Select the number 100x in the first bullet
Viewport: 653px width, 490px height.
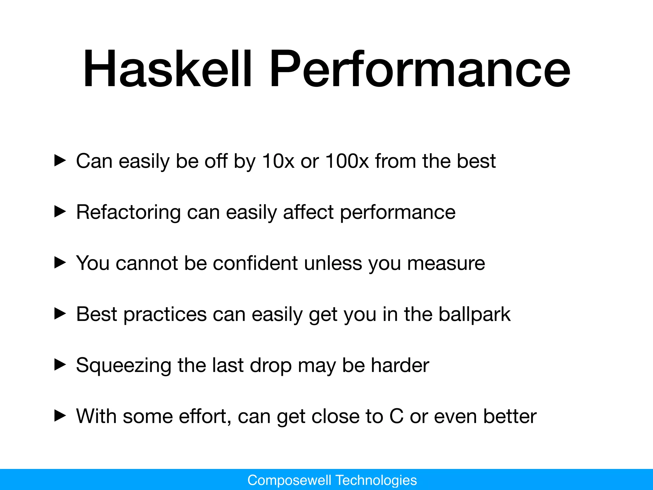[x=347, y=161]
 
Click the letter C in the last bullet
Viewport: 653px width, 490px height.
[x=396, y=416]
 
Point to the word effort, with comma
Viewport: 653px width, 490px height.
[x=205, y=416]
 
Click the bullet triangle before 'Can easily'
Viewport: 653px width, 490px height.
[x=60, y=161]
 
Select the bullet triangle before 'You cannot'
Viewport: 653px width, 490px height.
[x=60, y=263]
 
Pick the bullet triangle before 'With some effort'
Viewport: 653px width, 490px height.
[x=60, y=416]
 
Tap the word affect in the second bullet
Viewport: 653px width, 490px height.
[x=308, y=212]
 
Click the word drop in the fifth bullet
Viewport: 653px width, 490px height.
[x=271, y=366]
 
